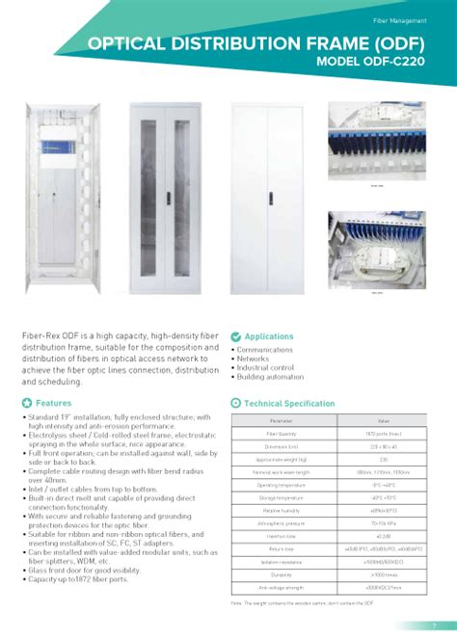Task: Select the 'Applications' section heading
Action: click(x=269, y=336)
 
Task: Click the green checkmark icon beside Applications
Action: click(x=236, y=336)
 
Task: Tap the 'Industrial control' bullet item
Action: click(x=265, y=367)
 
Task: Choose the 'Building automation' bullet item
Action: click(x=270, y=377)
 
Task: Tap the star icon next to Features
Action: click(x=27, y=403)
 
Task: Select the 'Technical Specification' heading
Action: click(x=289, y=404)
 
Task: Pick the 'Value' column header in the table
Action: click(x=384, y=421)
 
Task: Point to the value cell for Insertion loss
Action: click(x=384, y=536)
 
